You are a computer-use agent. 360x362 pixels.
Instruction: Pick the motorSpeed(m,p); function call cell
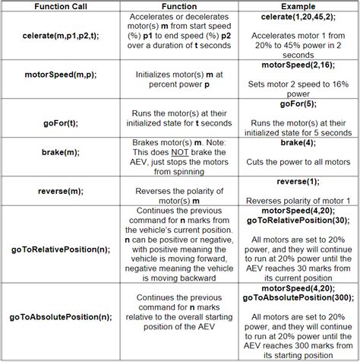point(58,76)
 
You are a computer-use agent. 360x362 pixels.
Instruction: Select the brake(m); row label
point(58,153)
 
